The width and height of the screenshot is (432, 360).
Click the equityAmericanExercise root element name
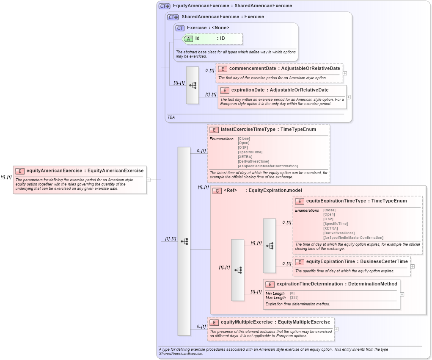pos(54,171)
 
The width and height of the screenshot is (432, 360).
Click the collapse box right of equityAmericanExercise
pos(148,180)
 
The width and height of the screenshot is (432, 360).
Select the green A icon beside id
pos(188,39)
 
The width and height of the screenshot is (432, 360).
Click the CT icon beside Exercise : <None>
pos(180,28)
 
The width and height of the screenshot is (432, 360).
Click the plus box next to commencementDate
pos(345,73)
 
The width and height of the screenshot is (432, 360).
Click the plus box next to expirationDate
pos(348,97)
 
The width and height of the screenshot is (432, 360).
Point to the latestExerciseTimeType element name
pos(248,129)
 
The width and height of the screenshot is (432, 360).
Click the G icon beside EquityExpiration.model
pos(217,191)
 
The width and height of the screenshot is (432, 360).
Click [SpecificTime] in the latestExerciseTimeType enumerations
pos(250,152)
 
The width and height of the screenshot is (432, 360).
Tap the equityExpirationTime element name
pos(330,261)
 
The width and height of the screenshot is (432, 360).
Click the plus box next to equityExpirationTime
pos(412,266)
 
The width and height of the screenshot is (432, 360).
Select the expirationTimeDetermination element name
pos(310,284)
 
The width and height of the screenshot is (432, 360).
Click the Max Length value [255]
pos(294,298)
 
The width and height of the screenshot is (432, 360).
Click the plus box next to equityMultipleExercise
pos(336,329)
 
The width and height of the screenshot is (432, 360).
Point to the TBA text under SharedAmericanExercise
pos(171,117)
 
